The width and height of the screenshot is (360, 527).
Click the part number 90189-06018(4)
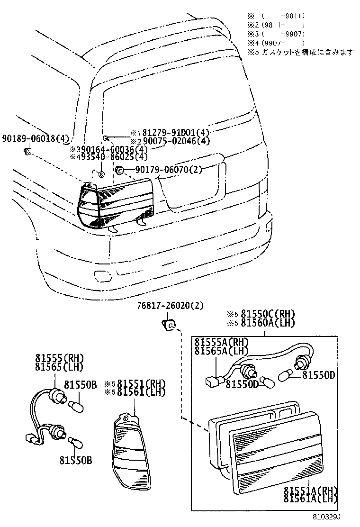36,139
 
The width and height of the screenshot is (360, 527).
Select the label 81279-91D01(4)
175,133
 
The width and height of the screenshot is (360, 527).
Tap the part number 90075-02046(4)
175,141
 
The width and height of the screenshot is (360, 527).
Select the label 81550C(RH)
267,314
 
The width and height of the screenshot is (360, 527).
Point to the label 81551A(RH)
310,490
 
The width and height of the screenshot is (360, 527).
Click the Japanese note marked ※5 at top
300,53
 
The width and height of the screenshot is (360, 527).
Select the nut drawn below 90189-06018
27,152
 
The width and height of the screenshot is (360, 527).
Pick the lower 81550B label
76,460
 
